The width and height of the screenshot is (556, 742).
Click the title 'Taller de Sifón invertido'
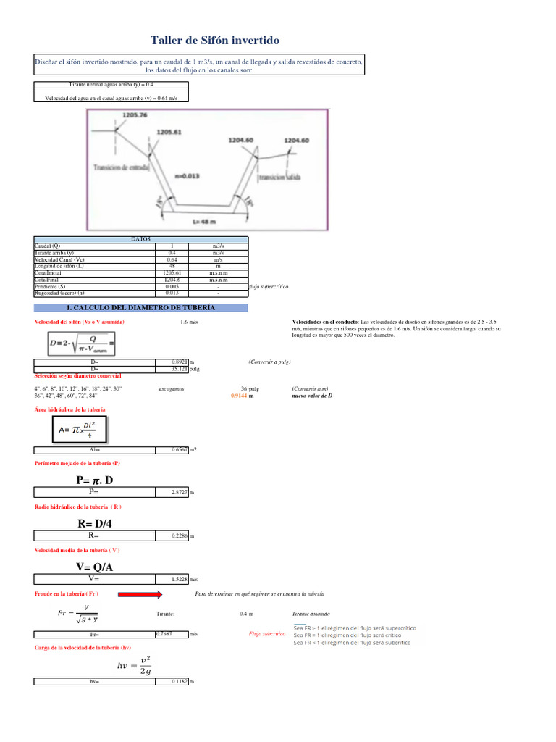[x=214, y=41]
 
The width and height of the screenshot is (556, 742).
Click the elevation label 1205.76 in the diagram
[x=135, y=114]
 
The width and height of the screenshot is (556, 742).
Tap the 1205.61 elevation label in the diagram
[x=171, y=133]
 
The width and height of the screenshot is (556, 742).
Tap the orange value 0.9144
[x=240, y=396]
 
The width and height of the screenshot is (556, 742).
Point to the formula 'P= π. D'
[x=94, y=480]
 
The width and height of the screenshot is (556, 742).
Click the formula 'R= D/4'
[x=94, y=523]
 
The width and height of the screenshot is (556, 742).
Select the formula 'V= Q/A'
[x=94, y=567]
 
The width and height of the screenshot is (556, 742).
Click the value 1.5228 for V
[x=180, y=579]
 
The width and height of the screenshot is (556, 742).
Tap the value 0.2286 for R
[x=180, y=535]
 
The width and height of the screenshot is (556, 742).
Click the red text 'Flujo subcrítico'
[x=265, y=634]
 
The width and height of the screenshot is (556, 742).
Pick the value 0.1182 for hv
[x=180, y=682]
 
